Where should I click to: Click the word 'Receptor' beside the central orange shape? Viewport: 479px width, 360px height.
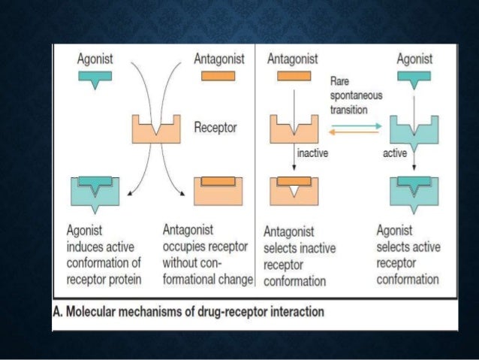coord(215,128)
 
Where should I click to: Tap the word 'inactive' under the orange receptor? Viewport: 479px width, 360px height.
coord(314,153)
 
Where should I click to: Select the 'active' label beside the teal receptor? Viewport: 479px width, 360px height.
coord(393,153)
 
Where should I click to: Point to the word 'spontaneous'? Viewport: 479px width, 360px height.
coord(357,95)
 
